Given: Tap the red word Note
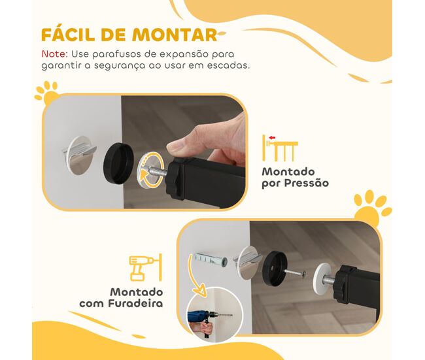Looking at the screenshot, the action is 54,54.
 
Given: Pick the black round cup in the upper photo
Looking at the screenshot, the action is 118,164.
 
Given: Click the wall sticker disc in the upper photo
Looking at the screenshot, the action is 80,155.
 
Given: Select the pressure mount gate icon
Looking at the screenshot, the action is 280,148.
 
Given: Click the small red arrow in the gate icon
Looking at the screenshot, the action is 272,138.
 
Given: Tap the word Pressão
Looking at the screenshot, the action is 307,183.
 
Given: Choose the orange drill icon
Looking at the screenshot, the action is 146,267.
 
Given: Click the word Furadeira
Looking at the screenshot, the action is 135,303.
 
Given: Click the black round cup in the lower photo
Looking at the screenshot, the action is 275,268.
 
